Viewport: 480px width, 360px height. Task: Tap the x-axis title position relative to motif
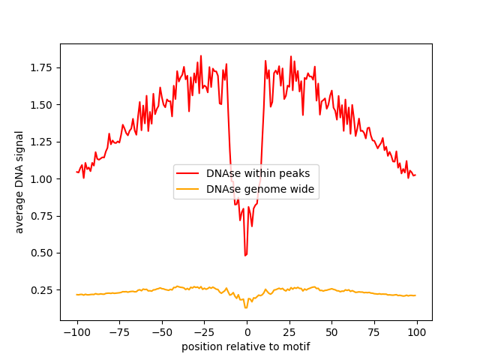[246, 346]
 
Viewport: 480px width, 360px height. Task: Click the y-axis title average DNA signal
[19, 181]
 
